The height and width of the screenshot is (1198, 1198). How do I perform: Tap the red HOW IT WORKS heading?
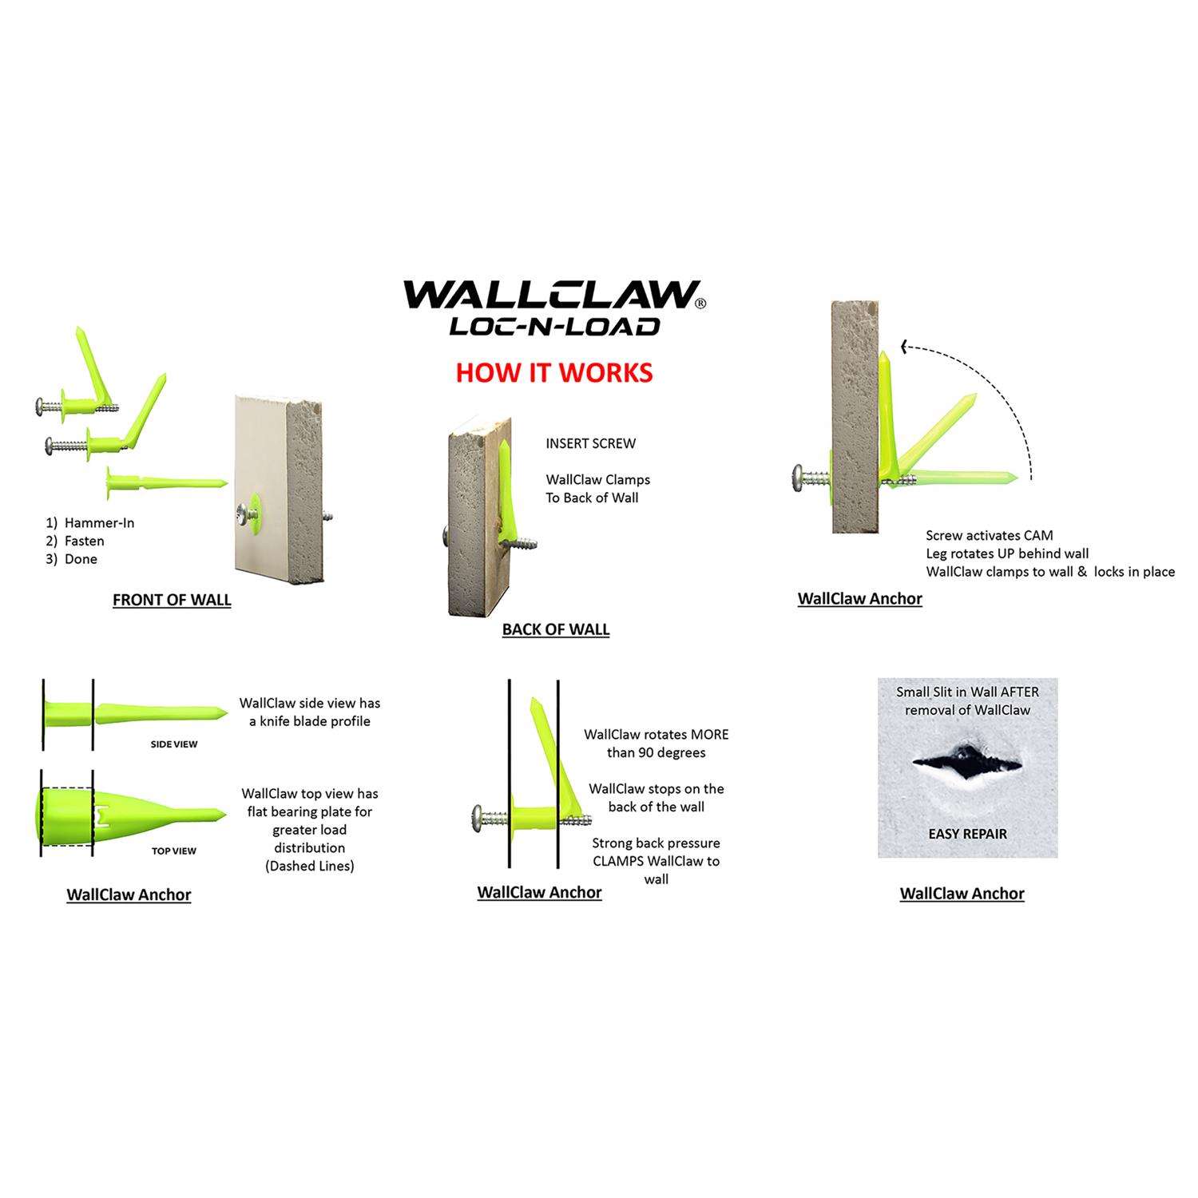[x=554, y=372]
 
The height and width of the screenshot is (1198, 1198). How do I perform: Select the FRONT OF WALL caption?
[x=172, y=600]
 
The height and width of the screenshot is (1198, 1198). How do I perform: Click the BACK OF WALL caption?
[x=556, y=629]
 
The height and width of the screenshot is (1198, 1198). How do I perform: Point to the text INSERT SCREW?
[x=591, y=443]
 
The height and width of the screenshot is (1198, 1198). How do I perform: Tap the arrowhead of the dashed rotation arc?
[x=906, y=347]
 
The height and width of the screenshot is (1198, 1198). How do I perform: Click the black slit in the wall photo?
[x=966, y=764]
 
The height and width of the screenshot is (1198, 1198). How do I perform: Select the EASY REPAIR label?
[x=967, y=834]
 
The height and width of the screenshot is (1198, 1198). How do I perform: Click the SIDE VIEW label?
[x=174, y=744]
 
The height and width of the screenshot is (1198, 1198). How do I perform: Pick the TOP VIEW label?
[x=174, y=851]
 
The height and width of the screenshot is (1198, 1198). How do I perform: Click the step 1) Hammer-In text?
[x=89, y=523]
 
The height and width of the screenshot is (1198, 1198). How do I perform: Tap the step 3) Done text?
[x=72, y=559]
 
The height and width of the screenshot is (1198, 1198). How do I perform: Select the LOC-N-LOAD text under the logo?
[x=554, y=326]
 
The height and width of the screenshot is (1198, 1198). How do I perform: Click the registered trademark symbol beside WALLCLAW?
[x=700, y=303]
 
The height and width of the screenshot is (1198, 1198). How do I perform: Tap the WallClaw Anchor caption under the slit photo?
[x=962, y=894]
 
